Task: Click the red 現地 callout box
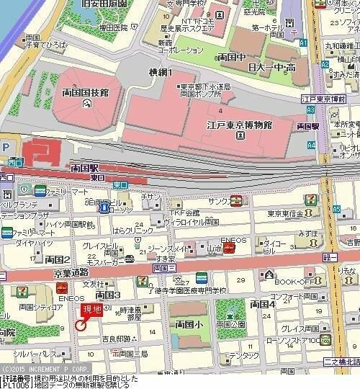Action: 91,310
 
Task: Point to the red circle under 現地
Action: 81,325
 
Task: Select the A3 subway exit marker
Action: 311,109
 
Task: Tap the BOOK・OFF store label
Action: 293,281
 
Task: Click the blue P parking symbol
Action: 6,147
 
